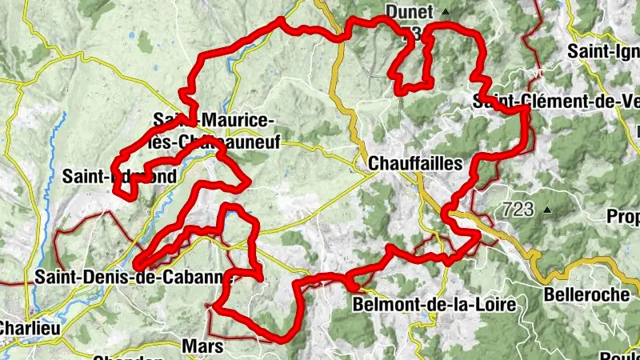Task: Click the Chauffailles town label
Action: [415, 163]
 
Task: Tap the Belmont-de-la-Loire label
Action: [423, 305]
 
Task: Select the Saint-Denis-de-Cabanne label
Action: [133, 278]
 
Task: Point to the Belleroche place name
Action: [586, 294]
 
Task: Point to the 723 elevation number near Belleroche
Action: [518, 210]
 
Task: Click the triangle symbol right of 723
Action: [547, 210]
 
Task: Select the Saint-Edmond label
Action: [118, 175]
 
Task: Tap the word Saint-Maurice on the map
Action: [214, 119]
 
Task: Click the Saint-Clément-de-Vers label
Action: [555, 102]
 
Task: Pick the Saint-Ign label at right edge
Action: [603, 50]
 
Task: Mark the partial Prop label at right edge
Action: [623, 217]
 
